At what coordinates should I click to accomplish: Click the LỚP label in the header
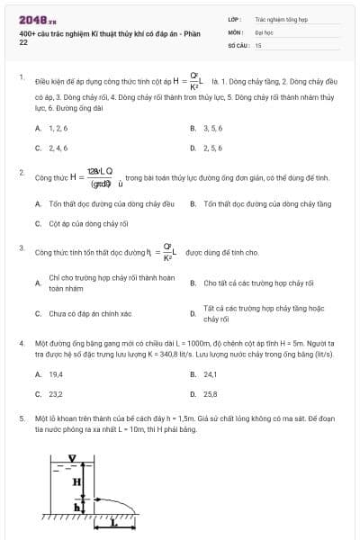[x=234, y=18]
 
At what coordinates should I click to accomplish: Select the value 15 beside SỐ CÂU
[x=258, y=44]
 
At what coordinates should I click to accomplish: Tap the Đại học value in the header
[x=264, y=31]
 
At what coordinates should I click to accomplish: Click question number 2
[x=22, y=170]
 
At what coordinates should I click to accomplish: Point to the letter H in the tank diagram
[x=78, y=481]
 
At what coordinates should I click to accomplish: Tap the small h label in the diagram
[x=77, y=507]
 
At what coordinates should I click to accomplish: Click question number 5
[x=22, y=418]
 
